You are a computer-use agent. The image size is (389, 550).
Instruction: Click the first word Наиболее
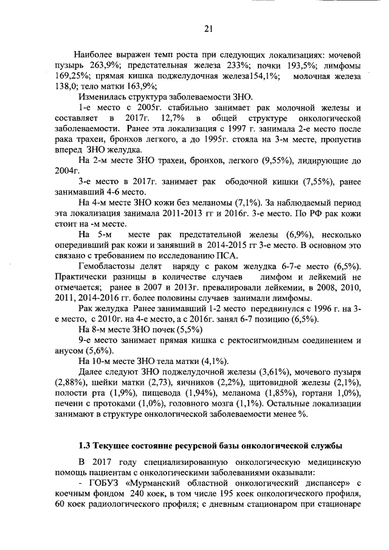click(97, 55)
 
